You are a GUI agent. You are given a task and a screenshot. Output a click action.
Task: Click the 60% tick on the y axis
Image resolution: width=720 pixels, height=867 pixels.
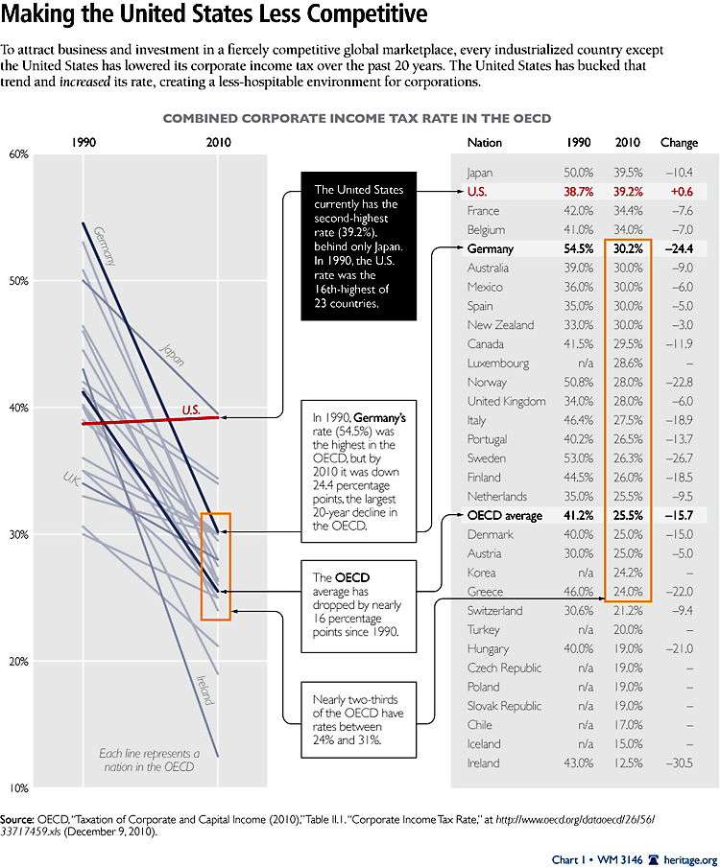coord(18,153)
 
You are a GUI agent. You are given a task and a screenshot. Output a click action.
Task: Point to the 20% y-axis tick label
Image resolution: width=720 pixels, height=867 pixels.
coord(18,662)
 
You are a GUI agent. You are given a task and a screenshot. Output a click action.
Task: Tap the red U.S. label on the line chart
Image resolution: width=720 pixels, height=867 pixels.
coord(191,410)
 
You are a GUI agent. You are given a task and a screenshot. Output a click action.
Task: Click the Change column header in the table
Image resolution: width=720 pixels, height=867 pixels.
coord(679,143)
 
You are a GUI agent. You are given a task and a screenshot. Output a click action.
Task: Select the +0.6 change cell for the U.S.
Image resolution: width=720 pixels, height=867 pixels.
coord(680,192)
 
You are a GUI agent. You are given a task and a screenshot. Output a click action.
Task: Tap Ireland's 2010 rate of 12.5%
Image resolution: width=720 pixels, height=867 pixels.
coord(627,762)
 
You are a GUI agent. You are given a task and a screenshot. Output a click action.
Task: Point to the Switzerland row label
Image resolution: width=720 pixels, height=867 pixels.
coord(496,610)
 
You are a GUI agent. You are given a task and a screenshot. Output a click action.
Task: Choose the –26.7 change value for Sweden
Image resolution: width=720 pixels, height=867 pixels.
coord(680,457)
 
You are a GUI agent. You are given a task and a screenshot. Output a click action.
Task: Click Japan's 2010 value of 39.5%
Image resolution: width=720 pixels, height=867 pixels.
coord(627,173)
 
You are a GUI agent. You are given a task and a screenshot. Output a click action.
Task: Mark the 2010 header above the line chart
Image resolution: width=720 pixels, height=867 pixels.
coord(218,143)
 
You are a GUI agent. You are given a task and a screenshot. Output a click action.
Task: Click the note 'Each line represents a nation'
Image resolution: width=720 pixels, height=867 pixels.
coord(150,760)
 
